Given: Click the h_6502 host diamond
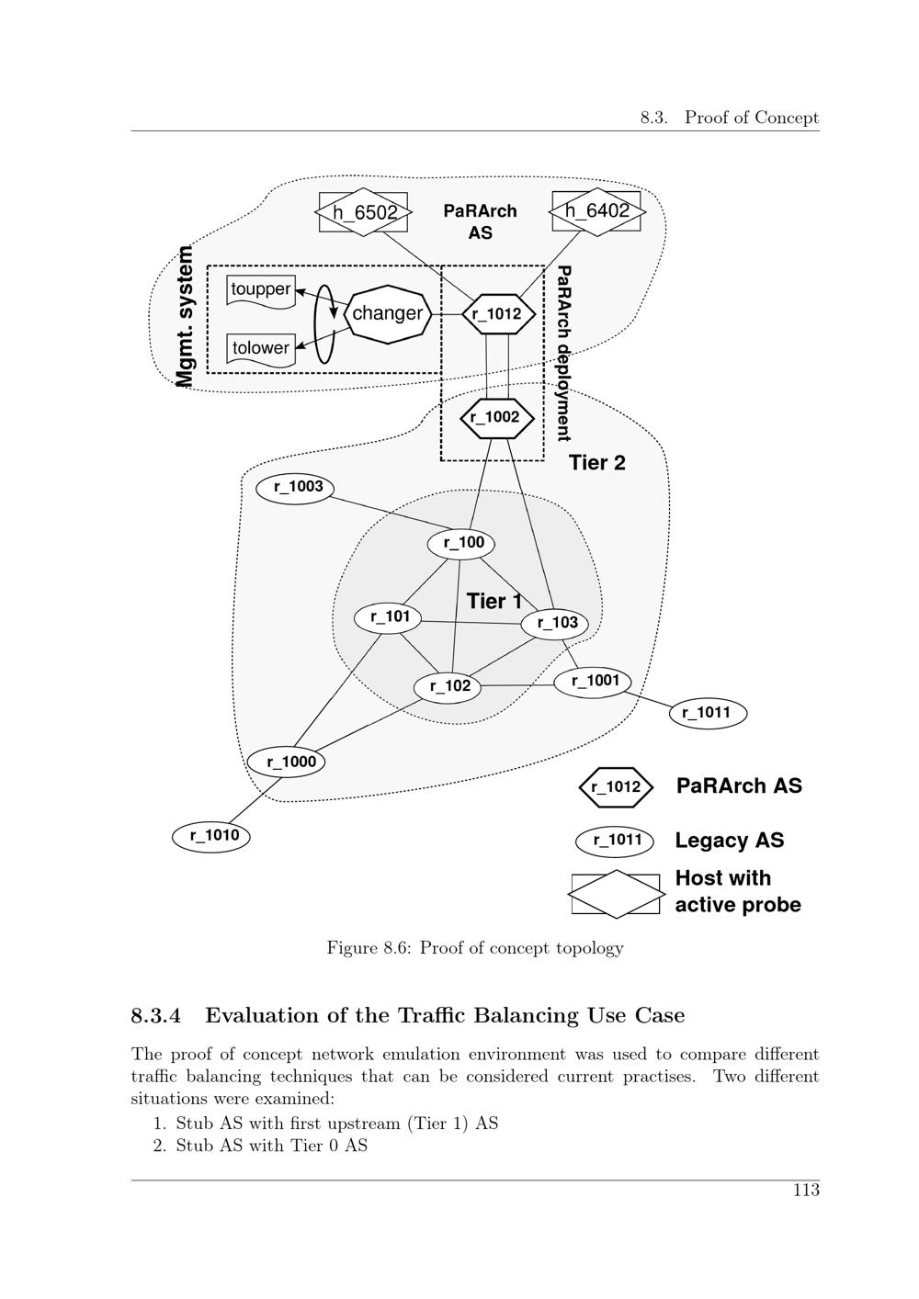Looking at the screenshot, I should (365, 212).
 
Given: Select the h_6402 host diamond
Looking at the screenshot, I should (596, 211).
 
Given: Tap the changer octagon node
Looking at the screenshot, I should (387, 313).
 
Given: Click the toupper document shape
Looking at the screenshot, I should (261, 289).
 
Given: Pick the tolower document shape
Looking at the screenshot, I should (261, 348).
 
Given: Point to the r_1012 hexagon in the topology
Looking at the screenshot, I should (497, 314).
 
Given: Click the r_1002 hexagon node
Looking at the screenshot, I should (496, 417).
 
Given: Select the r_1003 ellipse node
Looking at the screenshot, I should (295, 487).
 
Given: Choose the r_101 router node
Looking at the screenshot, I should (389, 616).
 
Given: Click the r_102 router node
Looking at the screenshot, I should (448, 686).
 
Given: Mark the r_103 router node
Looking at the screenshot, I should (556, 623).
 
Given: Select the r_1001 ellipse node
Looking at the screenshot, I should (594, 682).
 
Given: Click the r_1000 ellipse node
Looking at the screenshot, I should (288, 762).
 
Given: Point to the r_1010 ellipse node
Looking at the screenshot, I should (212, 836).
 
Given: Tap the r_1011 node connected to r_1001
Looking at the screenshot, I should (707, 712).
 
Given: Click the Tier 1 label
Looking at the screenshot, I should (494, 601).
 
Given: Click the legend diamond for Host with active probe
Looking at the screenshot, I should (616, 894).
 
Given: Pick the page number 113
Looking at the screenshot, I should (805, 1191).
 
